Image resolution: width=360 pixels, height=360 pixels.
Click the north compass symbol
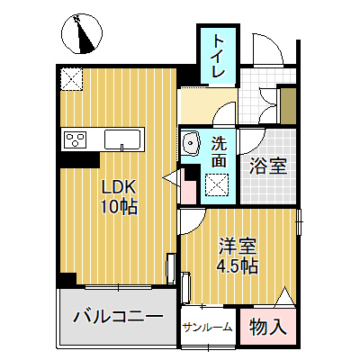82,35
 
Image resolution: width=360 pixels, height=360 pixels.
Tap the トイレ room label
219,57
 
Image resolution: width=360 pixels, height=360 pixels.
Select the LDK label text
117,188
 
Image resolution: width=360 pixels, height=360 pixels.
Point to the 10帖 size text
118,208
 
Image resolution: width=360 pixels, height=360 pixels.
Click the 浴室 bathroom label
267,166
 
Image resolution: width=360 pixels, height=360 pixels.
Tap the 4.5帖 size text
237,266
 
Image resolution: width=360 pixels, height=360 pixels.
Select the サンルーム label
208,328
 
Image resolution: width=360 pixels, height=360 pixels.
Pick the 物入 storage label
267,327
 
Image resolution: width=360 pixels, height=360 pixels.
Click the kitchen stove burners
73,139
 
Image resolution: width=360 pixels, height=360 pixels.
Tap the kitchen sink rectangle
122,139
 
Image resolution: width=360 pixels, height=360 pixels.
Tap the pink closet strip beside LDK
189,188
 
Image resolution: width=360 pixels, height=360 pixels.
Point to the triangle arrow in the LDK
170,180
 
